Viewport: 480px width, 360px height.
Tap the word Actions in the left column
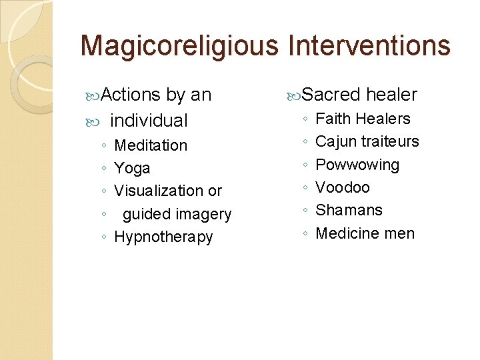coord(131,95)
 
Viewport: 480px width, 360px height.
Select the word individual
coord(149,121)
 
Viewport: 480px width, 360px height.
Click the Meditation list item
coord(151,145)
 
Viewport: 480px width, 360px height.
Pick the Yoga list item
coord(132,169)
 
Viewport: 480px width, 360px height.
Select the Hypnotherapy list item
coord(163,237)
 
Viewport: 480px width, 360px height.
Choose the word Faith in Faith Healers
coord(333,119)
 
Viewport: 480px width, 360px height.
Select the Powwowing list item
coord(357,165)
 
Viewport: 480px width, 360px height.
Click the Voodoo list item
coord(342,187)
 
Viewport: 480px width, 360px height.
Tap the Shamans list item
coord(349,210)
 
